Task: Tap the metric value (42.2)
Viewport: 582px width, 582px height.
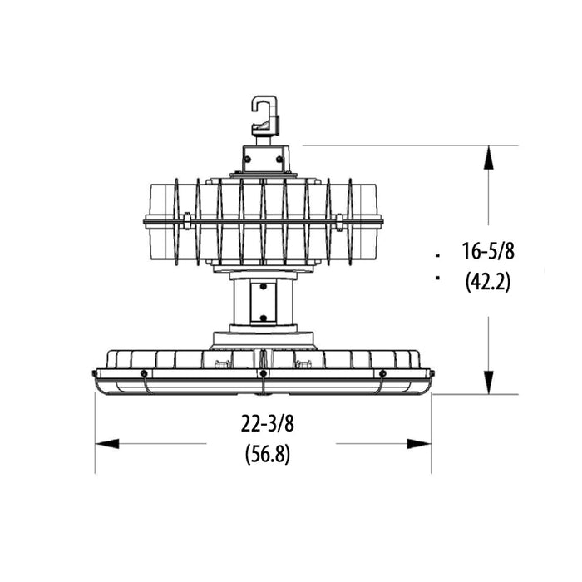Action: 488,282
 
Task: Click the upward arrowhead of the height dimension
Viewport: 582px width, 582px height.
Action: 489,157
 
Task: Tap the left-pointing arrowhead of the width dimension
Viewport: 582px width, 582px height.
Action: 106,444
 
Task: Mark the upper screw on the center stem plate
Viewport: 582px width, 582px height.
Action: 263,288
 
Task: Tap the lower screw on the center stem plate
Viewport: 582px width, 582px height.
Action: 263,317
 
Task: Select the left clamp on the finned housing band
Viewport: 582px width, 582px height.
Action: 187,221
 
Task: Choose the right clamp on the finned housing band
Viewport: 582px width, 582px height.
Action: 339,221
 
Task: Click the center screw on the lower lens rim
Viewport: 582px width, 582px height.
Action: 263,374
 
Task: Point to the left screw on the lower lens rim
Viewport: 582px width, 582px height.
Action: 144,373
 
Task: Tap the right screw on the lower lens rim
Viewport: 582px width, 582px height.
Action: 382,373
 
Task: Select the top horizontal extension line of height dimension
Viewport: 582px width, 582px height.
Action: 399,145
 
